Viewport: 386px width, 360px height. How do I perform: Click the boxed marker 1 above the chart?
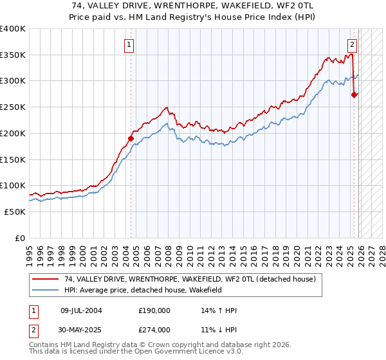click(x=130, y=45)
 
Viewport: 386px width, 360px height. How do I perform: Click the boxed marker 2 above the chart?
click(x=353, y=45)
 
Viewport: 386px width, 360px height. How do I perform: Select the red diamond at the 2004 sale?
click(x=131, y=138)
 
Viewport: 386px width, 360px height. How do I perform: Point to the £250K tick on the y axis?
click(x=13, y=107)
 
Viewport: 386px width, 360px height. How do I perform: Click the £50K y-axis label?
click(x=15, y=212)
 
